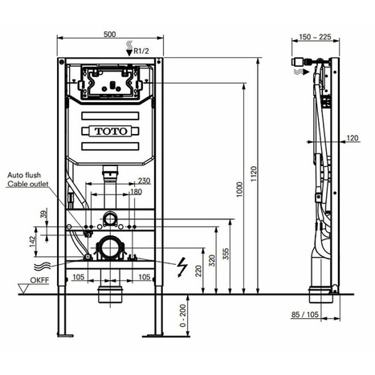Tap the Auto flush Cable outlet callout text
tap(28, 179)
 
